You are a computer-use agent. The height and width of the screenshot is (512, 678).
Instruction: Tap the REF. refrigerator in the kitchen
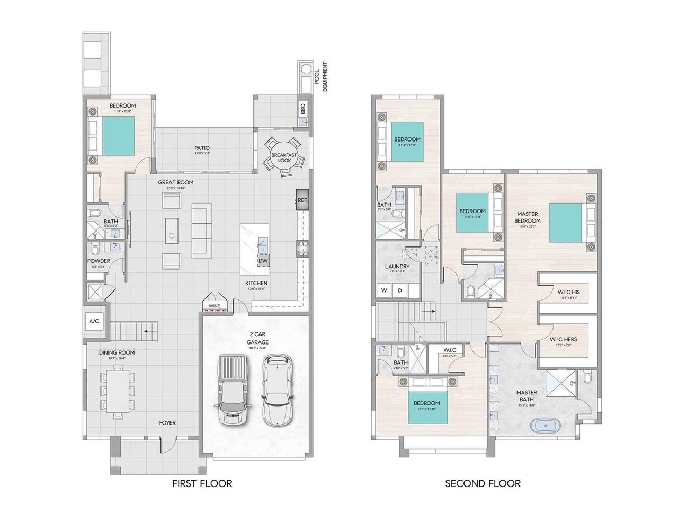coord(302,200)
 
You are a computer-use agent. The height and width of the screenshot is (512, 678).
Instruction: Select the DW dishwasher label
coord(263,261)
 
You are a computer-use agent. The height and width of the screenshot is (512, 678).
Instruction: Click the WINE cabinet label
coord(214,306)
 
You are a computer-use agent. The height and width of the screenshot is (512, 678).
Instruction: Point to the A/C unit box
coord(94,322)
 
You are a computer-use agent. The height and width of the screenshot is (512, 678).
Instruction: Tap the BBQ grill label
coord(303,109)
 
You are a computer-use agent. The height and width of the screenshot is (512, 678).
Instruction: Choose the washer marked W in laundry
coord(383,290)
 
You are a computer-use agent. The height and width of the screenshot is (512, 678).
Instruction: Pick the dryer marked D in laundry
coord(400,290)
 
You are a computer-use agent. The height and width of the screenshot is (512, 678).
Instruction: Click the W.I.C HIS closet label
coord(568,292)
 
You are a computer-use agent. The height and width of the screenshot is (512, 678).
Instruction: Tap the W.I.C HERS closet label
coord(564,339)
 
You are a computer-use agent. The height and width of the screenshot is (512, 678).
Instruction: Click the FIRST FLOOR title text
coord(202,483)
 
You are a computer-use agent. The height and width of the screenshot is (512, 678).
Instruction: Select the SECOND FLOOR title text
coord(483,483)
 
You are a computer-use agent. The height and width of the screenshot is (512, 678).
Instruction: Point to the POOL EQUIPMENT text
coord(321,77)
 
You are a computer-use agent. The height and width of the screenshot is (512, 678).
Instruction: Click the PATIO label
coord(202,148)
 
